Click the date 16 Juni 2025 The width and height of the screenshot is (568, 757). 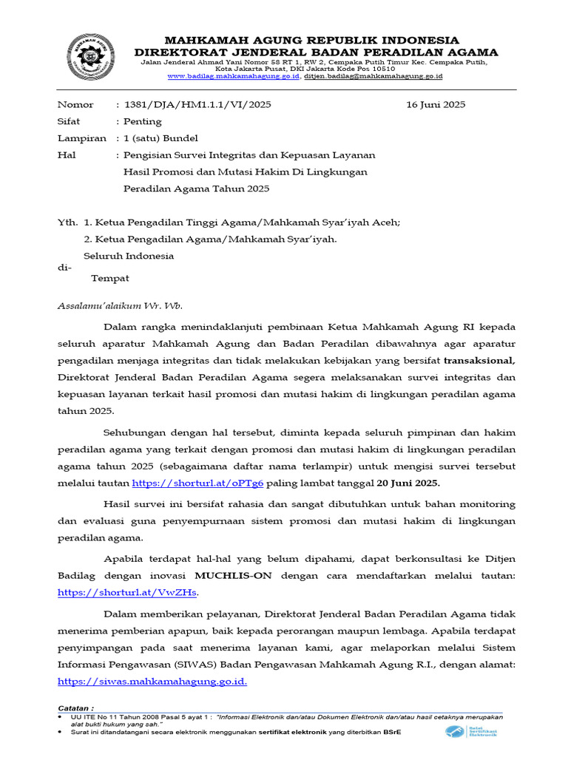(x=436, y=104)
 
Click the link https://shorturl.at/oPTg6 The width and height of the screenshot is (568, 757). (x=197, y=483)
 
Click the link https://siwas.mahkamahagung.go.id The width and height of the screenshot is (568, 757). (x=152, y=682)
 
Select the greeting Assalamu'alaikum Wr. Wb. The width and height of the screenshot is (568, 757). (x=120, y=305)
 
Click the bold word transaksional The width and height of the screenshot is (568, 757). (x=479, y=360)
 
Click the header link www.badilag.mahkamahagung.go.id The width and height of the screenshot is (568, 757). (x=234, y=76)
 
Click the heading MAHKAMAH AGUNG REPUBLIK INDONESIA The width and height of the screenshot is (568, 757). (x=311, y=40)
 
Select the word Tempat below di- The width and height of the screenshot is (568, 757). (x=109, y=278)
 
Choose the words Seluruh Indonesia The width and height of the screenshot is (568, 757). (x=129, y=256)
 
